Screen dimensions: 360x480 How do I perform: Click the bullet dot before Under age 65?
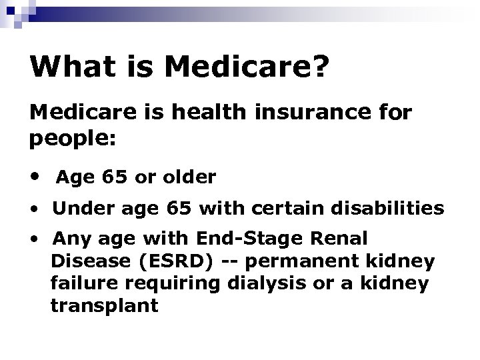(33, 209)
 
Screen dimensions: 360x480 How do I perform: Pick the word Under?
(77, 209)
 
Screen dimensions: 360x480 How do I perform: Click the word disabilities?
(389, 209)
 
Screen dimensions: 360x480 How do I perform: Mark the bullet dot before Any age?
(33, 239)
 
